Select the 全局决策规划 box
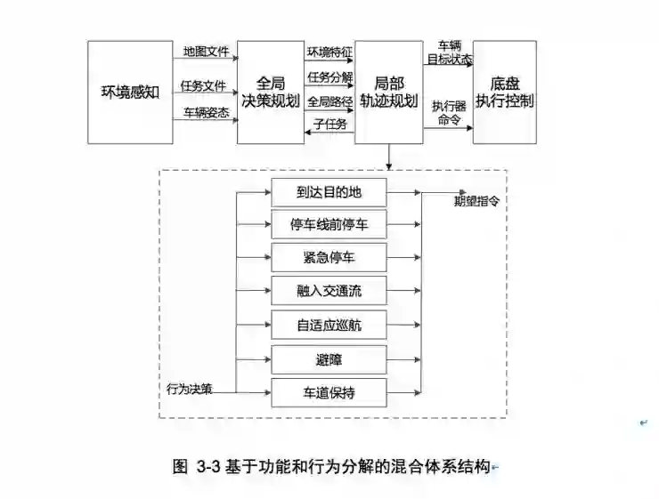pos(270,91)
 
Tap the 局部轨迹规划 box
pos(388,93)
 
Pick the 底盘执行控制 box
pos(505,91)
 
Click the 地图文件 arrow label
pos(206,52)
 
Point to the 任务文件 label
pos(203,85)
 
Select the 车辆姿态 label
pos(206,112)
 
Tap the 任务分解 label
pos(329,76)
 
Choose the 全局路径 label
pos(329,101)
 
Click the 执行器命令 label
pos(449,113)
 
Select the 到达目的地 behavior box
pos(329,190)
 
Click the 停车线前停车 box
pos(329,224)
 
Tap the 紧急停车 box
pos(329,257)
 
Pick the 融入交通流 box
pos(329,290)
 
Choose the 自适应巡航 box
pos(329,324)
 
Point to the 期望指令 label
pos(476,200)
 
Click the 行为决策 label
pos(190,389)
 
